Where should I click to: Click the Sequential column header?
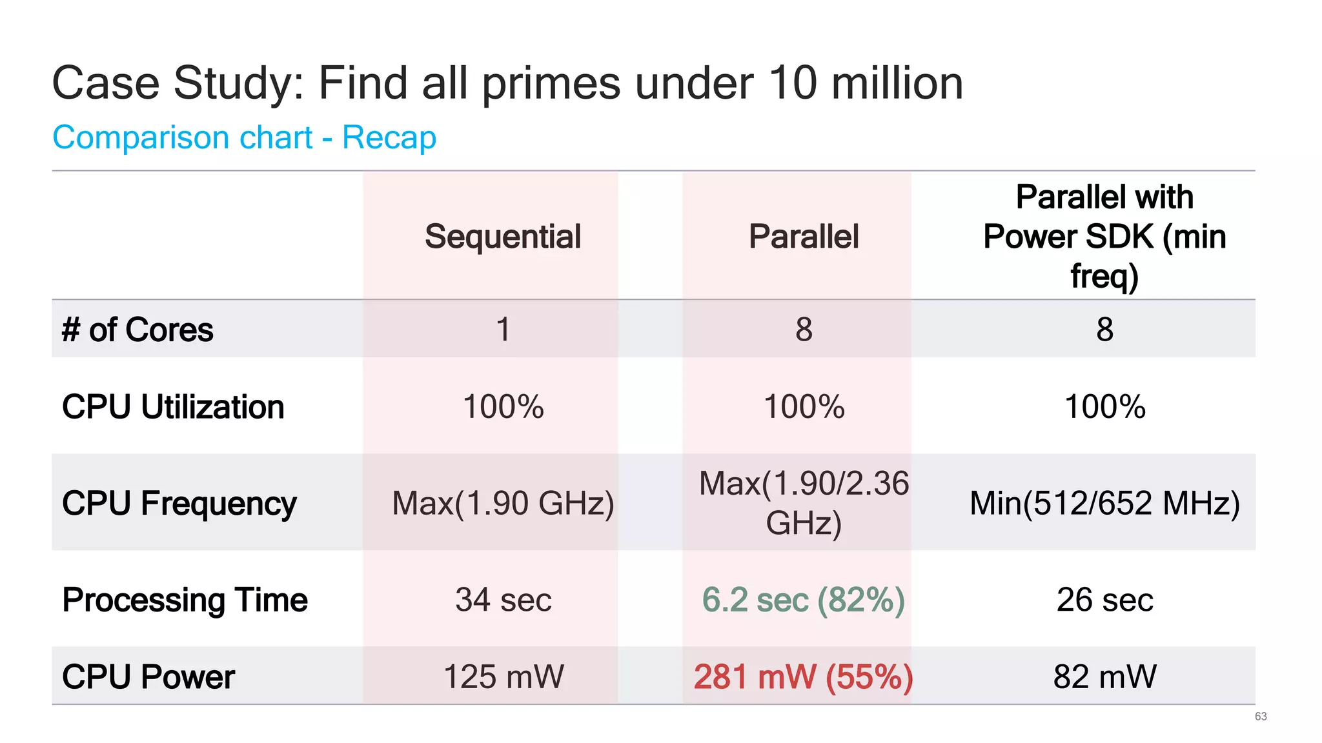(503, 237)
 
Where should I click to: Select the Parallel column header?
(804, 237)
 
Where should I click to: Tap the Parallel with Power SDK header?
(1104, 236)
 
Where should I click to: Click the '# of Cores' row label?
(137, 330)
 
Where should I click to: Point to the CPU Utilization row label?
(173, 407)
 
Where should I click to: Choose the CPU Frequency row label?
(179, 503)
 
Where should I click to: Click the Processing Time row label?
(185, 600)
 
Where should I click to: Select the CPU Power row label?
(148, 677)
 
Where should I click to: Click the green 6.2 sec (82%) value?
(803, 600)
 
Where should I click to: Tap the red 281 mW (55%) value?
(803, 677)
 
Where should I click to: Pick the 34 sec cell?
(503, 600)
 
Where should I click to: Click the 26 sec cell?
(1104, 600)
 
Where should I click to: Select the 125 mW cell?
(503, 677)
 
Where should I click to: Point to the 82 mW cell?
(1104, 677)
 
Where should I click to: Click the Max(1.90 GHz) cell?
(503, 503)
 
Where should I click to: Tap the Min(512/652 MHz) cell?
(1104, 503)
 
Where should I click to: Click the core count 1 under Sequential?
(503, 330)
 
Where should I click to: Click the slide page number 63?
(1261, 717)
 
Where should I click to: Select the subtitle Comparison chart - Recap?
(244, 137)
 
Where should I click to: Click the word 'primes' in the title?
(551, 84)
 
